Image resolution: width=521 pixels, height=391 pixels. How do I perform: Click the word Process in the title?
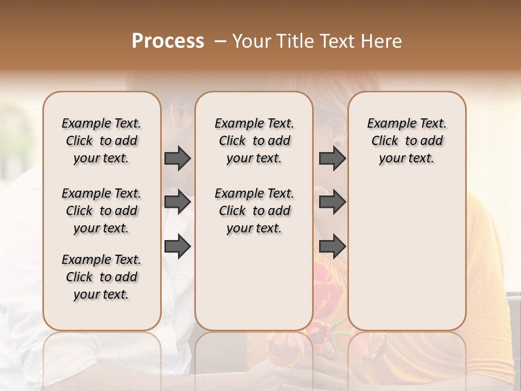(x=168, y=41)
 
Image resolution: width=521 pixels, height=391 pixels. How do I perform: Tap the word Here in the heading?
(x=383, y=41)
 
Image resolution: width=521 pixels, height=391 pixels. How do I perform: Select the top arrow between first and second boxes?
(x=177, y=158)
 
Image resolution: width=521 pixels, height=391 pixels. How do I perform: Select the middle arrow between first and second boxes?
(x=177, y=202)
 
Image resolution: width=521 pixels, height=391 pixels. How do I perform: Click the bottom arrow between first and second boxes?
(x=177, y=247)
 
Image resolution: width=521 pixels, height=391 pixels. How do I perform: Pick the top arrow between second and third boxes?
(x=332, y=158)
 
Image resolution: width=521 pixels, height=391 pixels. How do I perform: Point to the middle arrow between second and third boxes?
(x=332, y=202)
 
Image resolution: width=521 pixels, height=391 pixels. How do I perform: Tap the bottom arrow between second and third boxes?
(x=332, y=247)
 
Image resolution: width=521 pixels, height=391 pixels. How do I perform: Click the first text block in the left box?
(x=101, y=141)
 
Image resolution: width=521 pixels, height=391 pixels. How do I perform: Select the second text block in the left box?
(x=101, y=211)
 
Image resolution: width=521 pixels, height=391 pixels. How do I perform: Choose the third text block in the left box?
(x=101, y=277)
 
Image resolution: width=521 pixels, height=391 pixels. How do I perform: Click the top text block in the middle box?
(x=254, y=141)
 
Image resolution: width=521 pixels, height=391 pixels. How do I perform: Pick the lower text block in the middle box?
(x=254, y=211)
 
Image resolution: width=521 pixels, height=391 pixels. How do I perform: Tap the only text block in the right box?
(x=406, y=141)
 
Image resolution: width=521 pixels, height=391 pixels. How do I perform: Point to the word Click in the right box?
(x=385, y=141)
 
